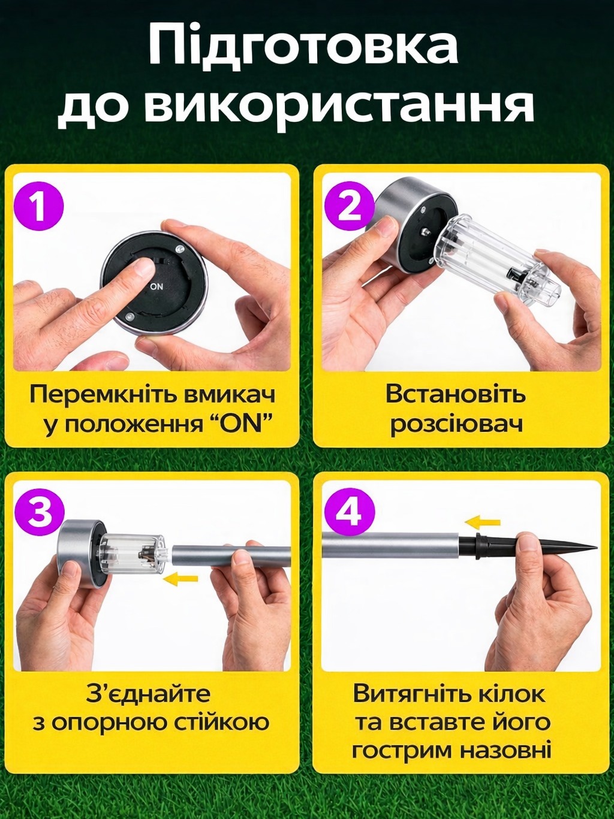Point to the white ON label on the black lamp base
(x=156, y=286)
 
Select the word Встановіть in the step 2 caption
(x=456, y=394)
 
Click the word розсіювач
(x=456, y=425)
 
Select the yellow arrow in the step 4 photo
(x=483, y=523)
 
